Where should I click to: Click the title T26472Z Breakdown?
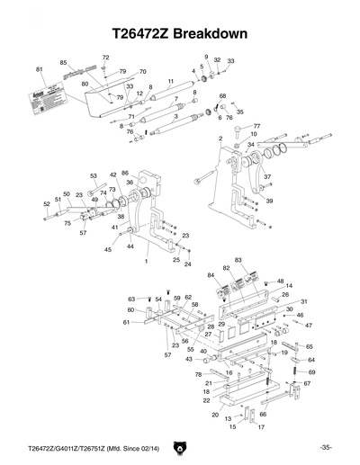[180, 34]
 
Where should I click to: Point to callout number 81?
[40, 70]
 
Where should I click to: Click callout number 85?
[64, 62]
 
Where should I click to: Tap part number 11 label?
[170, 82]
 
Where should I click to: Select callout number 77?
[256, 127]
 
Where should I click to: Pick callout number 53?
[93, 175]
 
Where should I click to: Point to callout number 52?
[47, 204]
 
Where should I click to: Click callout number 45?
[108, 249]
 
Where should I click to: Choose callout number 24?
[188, 265]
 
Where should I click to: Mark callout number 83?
[238, 260]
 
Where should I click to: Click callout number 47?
[309, 325]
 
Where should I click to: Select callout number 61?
[127, 321]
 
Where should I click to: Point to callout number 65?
[310, 346]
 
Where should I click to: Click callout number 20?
[214, 416]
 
